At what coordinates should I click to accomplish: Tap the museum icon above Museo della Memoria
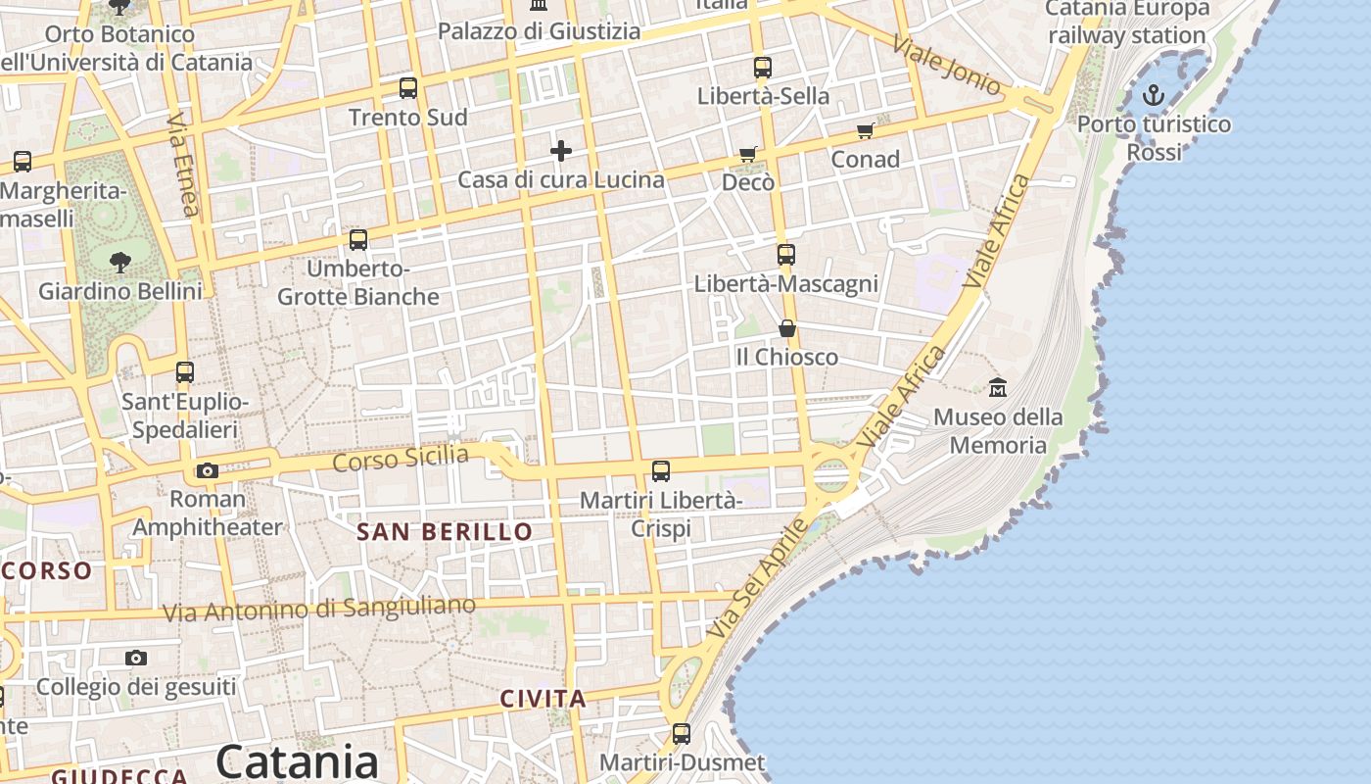click(998, 387)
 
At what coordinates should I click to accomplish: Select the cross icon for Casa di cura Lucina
click(561, 150)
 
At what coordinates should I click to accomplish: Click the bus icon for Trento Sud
click(408, 88)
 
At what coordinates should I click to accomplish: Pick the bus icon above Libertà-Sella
click(763, 68)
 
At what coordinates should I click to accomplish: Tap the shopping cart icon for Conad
click(865, 130)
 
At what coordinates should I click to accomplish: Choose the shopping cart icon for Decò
click(748, 154)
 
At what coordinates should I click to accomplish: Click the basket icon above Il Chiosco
click(787, 327)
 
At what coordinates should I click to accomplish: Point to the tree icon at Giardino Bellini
click(120, 262)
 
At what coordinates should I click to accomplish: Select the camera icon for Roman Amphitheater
click(207, 470)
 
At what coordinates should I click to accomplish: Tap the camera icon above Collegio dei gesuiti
click(136, 658)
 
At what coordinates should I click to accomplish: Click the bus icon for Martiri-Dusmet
click(682, 733)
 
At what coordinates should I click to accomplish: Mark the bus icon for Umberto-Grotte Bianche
click(358, 239)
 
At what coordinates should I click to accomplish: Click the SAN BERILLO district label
click(445, 532)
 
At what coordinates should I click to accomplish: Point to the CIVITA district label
click(544, 699)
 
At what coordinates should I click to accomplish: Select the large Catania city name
click(298, 761)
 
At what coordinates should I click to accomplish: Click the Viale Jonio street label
click(947, 65)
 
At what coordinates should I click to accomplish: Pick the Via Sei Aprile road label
click(757, 578)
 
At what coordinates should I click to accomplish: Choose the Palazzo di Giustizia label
click(539, 31)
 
